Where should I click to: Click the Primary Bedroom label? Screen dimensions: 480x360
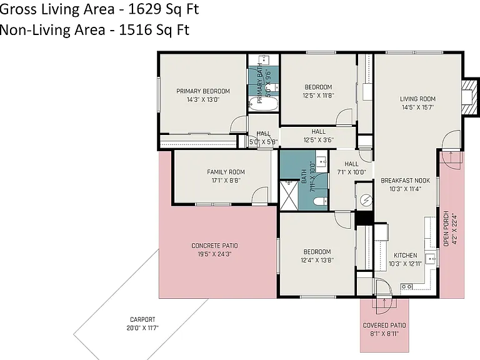[203, 91]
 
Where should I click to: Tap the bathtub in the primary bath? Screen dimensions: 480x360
[263, 104]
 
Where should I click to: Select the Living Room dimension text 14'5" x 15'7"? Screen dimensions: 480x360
[418, 107]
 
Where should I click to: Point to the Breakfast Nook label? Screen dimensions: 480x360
[405, 181]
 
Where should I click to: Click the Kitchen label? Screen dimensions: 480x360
[405, 255]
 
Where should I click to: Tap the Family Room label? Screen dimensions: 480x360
[226, 172]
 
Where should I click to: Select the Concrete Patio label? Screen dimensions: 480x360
[214, 246]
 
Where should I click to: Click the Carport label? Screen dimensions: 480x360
[142, 319]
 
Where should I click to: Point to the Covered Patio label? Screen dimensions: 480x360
[384, 326]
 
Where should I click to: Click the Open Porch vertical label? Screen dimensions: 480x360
[446, 228]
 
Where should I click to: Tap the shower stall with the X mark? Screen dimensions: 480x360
[289, 195]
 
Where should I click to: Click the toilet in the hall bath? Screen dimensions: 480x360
[320, 201]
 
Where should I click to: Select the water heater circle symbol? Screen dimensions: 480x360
[366, 201]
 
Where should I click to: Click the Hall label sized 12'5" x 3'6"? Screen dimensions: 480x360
[318, 132]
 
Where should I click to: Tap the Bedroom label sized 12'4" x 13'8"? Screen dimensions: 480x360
[317, 252]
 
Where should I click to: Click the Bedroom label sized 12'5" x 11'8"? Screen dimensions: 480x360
[318, 87]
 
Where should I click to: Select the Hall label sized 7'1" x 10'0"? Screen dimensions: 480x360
[351, 164]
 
